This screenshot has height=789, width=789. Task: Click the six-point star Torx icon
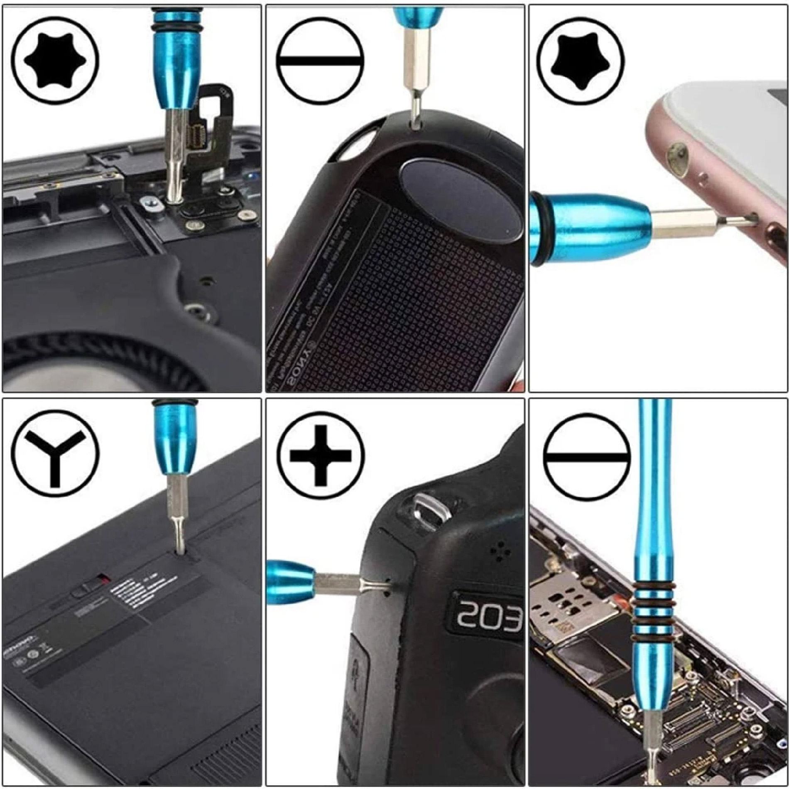point(55,61)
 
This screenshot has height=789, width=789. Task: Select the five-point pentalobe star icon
point(581,61)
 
